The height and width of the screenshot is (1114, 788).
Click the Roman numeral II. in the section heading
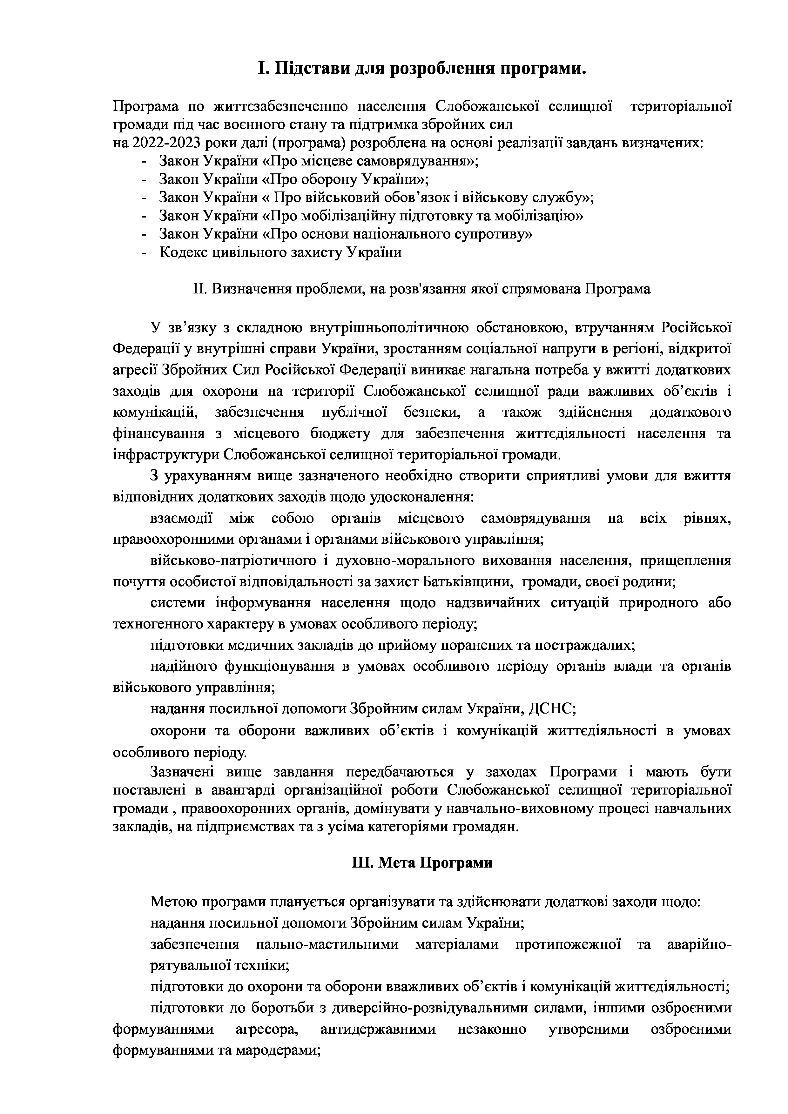[x=199, y=289]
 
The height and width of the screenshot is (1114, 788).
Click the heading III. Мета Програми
[x=422, y=863]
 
